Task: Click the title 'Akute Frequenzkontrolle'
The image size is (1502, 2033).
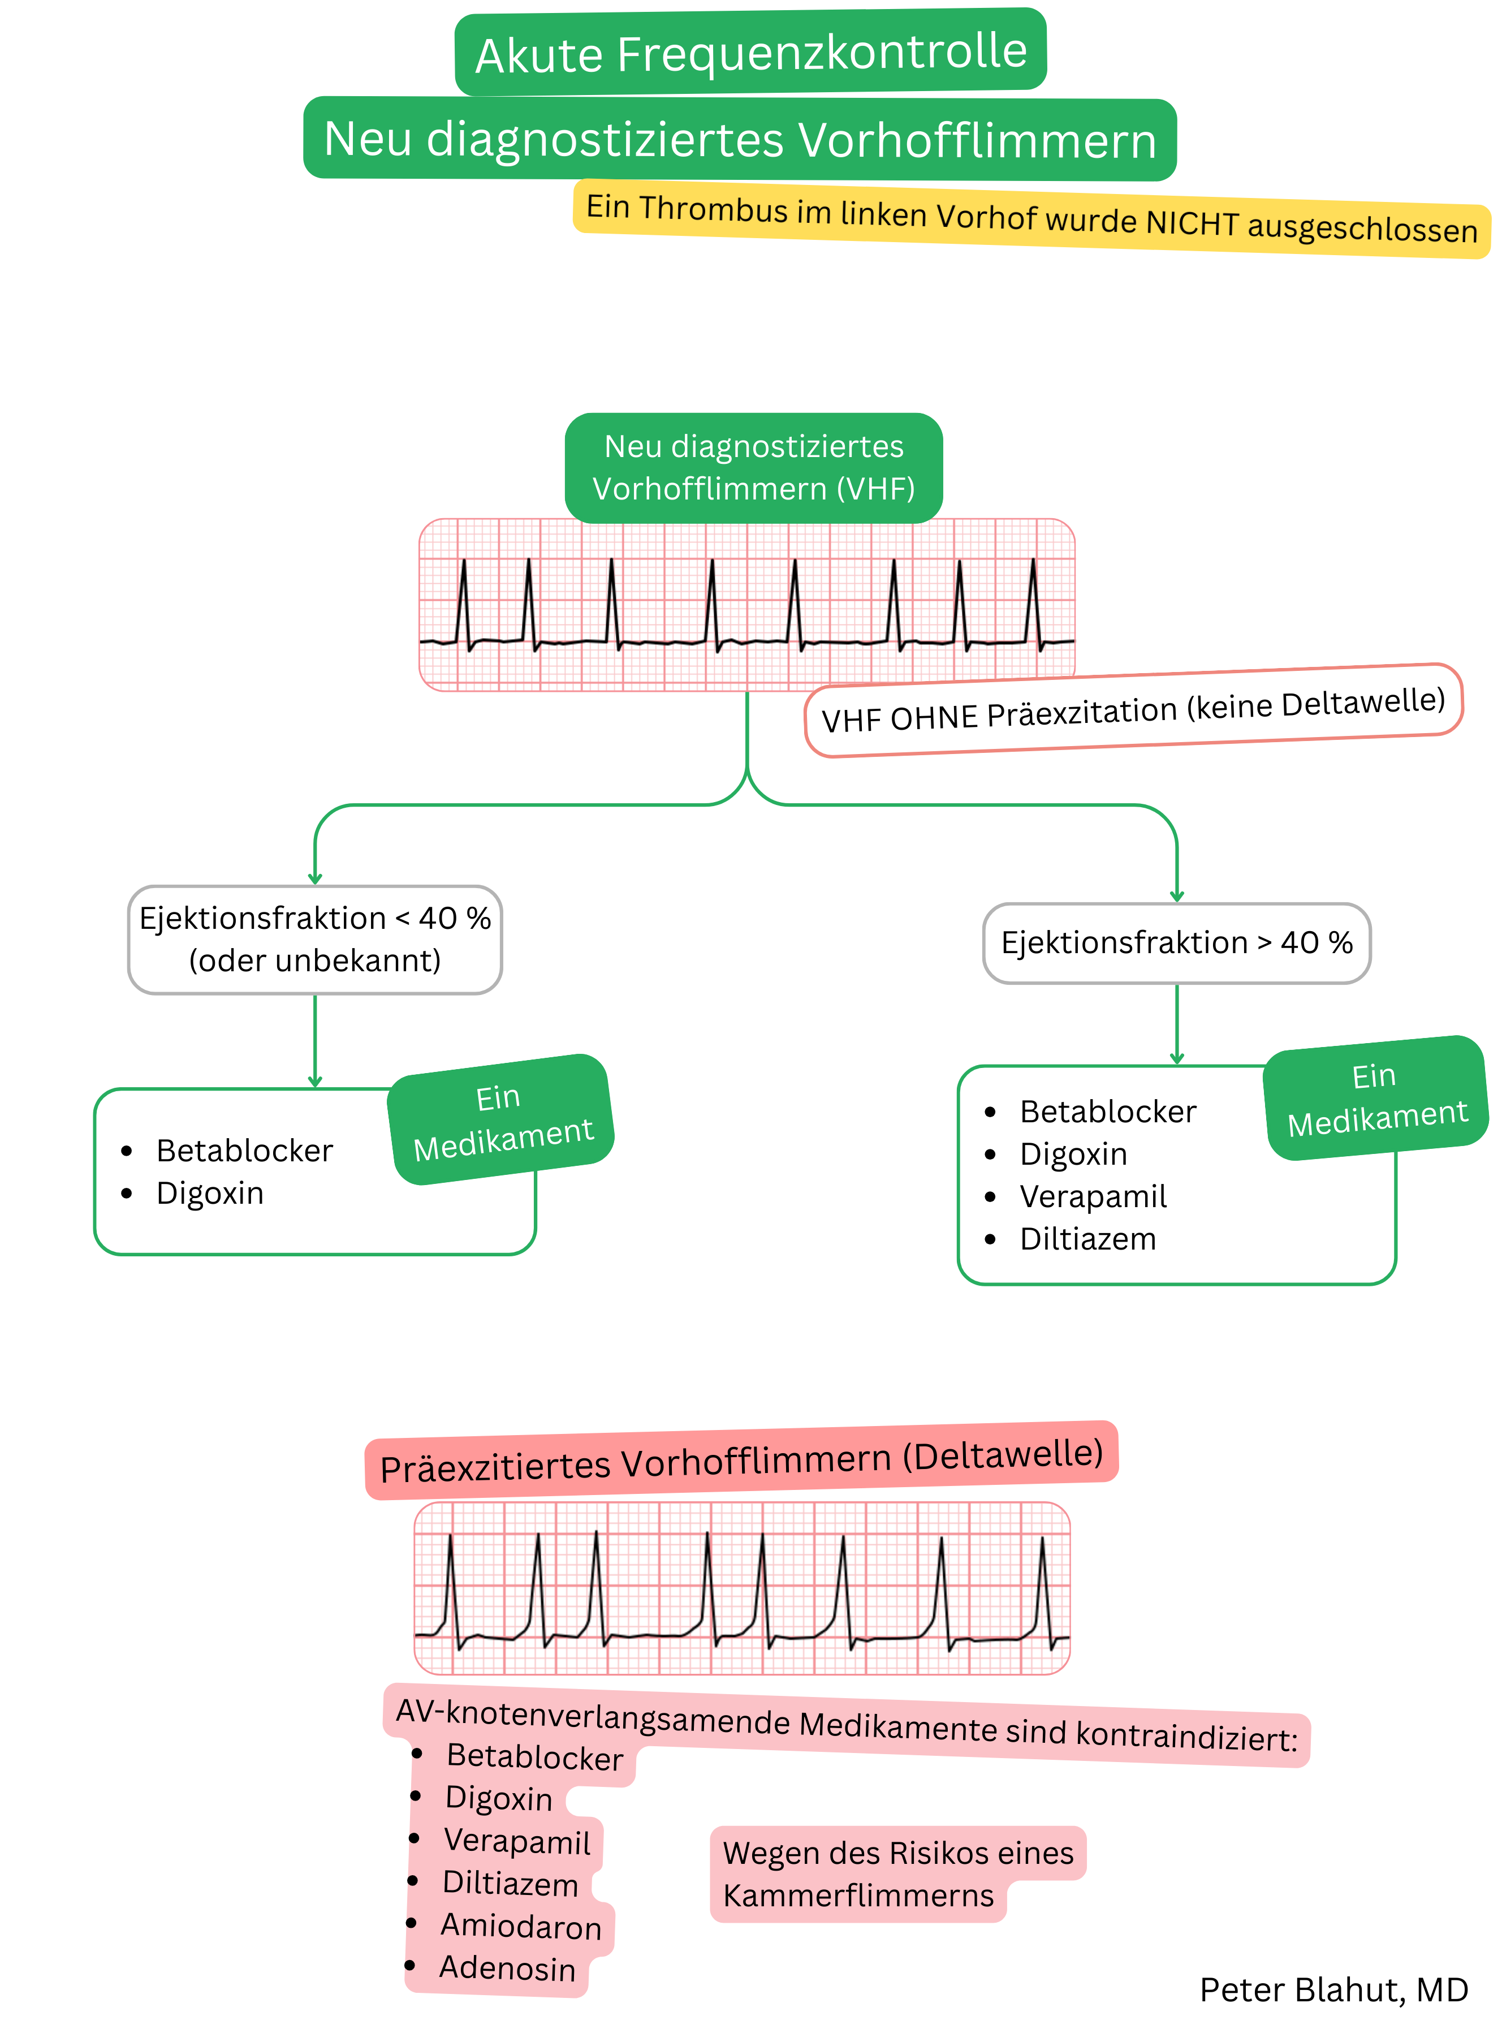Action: (751, 53)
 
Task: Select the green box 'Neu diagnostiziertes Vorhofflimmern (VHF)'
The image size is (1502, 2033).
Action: (754, 467)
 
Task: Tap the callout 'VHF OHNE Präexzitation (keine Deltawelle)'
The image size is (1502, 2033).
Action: (1133, 710)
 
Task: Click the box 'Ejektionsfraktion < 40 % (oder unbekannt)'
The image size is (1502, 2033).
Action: (314, 939)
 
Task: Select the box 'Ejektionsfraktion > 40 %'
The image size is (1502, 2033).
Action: (1176, 943)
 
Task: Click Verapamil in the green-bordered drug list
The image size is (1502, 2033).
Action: (1093, 1196)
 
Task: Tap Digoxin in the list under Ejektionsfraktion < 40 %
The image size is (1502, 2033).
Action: (210, 1193)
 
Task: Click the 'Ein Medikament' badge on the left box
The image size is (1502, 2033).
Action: (501, 1120)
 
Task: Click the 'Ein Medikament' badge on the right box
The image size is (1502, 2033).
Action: (1376, 1099)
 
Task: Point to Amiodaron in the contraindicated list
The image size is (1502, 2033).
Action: (521, 1926)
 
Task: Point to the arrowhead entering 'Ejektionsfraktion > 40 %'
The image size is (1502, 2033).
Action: (1176, 897)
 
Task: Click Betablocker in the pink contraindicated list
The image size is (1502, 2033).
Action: (534, 1756)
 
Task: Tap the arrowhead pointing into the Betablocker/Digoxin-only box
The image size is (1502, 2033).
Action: (314, 1082)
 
